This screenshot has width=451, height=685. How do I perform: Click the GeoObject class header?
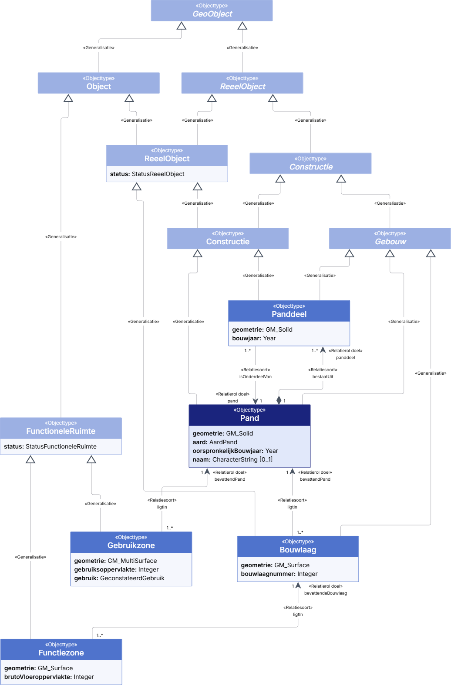(212, 11)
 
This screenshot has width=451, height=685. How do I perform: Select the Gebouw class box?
(390, 238)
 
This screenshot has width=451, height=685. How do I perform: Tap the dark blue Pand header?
(249, 415)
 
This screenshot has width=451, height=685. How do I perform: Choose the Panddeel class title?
(289, 314)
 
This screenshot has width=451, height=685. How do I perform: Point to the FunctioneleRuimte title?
(61, 431)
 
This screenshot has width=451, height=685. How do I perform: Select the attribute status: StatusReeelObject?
(147, 174)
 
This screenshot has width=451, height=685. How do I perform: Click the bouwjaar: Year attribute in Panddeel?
(254, 338)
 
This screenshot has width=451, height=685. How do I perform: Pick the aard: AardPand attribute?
(215, 442)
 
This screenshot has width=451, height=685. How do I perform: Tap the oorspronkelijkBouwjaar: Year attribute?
(236, 451)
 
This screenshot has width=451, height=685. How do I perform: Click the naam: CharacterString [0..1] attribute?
(232, 459)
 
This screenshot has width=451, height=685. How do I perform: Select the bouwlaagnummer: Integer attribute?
(279, 574)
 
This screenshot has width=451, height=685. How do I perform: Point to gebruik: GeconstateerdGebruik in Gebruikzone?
(119, 578)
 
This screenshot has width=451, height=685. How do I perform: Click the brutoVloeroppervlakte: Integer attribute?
(49, 677)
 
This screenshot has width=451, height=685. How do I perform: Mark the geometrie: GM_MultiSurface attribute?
(115, 561)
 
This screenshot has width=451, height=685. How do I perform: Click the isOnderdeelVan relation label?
(256, 377)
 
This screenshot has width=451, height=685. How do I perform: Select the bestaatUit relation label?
(323, 377)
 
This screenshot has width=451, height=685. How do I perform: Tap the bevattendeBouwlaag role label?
(326, 593)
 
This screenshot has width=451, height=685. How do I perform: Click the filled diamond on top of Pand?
(279, 400)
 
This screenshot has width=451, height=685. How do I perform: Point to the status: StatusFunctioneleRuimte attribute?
(50, 446)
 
